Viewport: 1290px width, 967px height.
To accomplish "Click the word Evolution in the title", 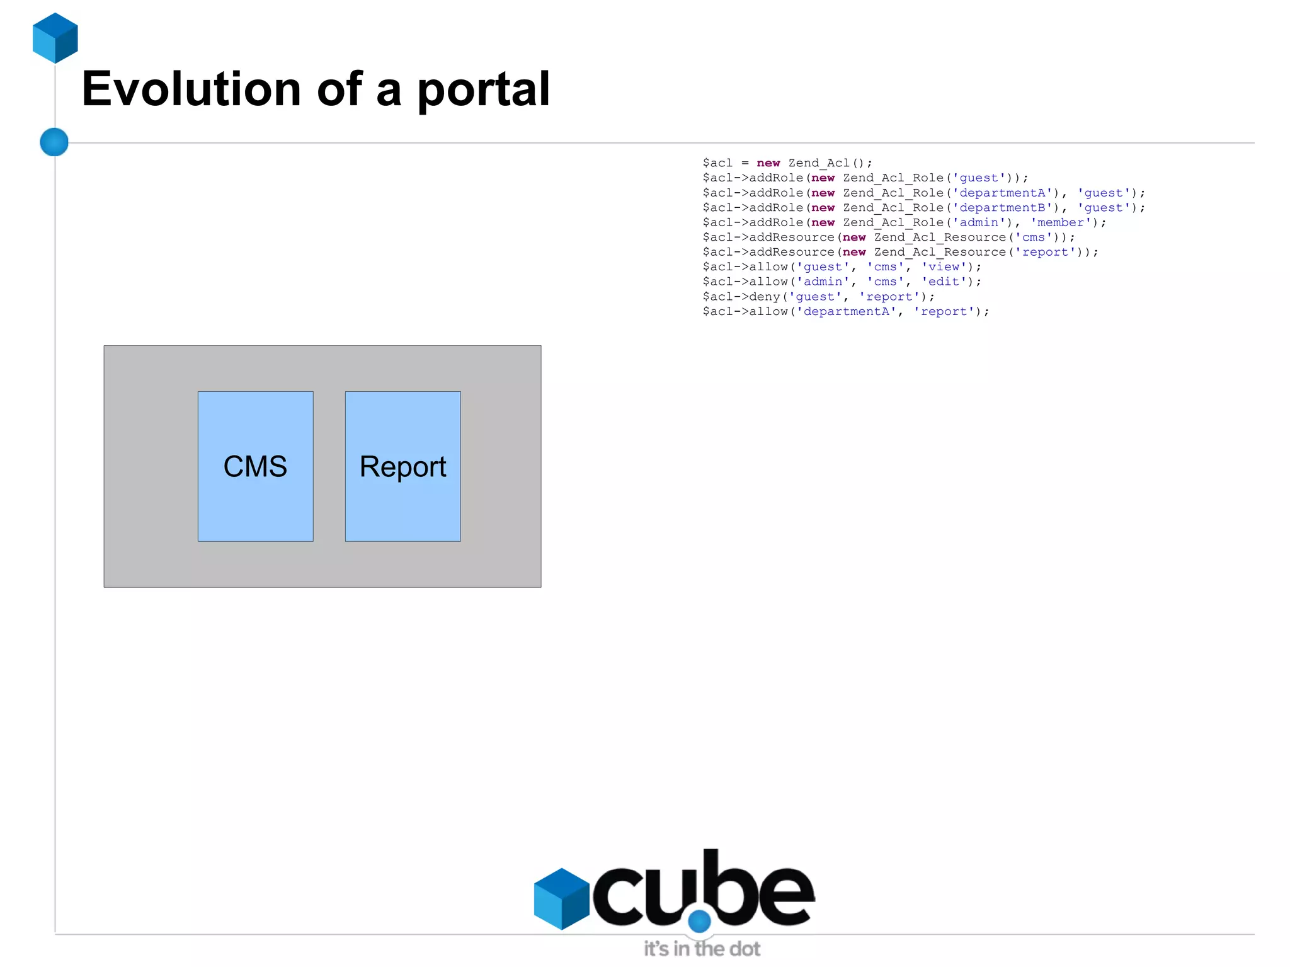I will tap(191, 89).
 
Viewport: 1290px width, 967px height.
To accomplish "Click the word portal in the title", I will tap(484, 90).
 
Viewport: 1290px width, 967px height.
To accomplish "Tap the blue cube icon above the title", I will tap(55, 38).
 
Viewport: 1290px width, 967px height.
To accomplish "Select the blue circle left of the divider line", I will tap(54, 142).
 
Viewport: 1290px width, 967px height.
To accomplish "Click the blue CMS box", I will tap(255, 466).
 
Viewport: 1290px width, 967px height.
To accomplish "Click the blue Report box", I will tap(402, 466).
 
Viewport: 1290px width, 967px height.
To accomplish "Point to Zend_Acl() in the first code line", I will tap(830, 163).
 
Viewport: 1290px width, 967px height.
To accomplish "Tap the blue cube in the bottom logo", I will tap(561, 898).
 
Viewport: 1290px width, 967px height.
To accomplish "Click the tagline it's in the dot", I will tap(702, 949).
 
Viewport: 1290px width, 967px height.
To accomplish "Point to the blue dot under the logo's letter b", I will tap(699, 922).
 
